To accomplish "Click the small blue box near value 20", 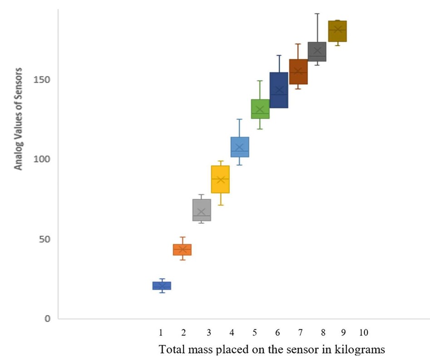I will pos(162,286).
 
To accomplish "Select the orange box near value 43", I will pos(182,250).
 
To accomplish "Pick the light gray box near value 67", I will pos(202,210).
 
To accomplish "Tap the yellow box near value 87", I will pos(221,179).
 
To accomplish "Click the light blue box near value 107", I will pos(240,147).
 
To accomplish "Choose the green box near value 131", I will pos(260,109).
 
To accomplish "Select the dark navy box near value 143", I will pos(279,89).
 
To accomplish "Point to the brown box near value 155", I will pos(298,72).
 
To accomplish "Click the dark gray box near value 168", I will pos(317,52).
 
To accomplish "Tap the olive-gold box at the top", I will pos(337,31).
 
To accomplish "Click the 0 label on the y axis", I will pos(47,319).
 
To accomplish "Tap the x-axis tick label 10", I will pos(363,333).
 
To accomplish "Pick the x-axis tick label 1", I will pos(161,333).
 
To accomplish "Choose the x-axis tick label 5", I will pos(255,333).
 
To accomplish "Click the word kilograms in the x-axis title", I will pos(357,350).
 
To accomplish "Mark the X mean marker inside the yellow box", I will pos(221,180).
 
